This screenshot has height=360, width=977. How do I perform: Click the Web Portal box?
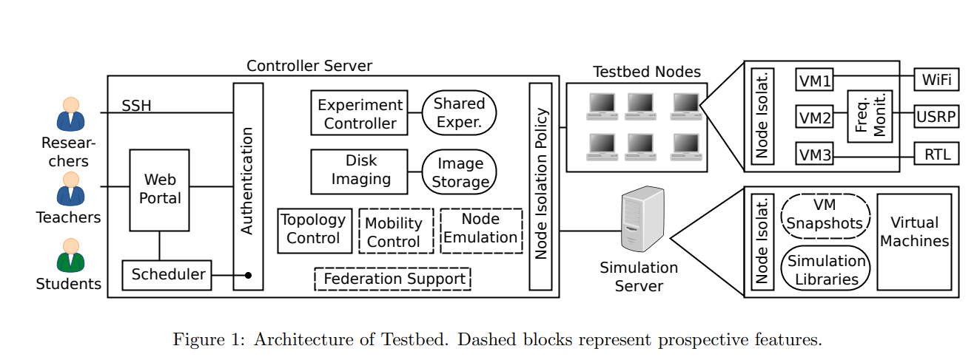159,190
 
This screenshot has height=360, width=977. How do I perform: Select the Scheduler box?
167,275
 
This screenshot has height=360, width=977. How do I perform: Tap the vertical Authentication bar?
248,186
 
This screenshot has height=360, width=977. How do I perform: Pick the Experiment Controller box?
359,113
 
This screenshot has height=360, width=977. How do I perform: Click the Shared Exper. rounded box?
459,113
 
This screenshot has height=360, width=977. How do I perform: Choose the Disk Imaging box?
359,171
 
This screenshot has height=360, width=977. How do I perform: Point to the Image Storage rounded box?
459,171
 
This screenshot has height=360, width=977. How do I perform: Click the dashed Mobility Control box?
396,231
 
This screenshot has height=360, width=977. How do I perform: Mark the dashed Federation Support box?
393,279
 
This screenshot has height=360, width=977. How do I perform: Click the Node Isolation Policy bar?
541,186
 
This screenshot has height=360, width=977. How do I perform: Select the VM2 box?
814,117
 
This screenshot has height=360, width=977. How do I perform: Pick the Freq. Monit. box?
869,116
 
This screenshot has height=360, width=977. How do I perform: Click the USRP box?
936,117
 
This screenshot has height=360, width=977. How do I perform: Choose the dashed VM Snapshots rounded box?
825,214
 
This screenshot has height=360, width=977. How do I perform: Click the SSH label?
136,106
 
